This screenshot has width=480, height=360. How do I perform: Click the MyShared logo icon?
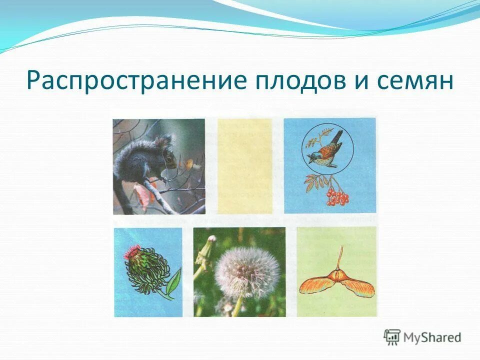(x=392, y=337)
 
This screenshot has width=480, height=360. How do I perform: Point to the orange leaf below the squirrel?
(x=141, y=194)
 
